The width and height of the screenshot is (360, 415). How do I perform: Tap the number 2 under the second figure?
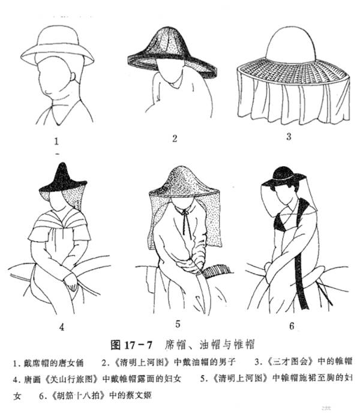coord(175,139)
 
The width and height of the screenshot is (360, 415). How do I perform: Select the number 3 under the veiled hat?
coord(288,136)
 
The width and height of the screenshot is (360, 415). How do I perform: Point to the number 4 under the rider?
coord(61,327)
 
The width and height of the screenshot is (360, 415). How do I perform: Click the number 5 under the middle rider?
coord(178,324)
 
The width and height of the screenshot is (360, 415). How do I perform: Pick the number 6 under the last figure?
coord(292,326)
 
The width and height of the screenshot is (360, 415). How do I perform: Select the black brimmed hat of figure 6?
coord(284,176)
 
